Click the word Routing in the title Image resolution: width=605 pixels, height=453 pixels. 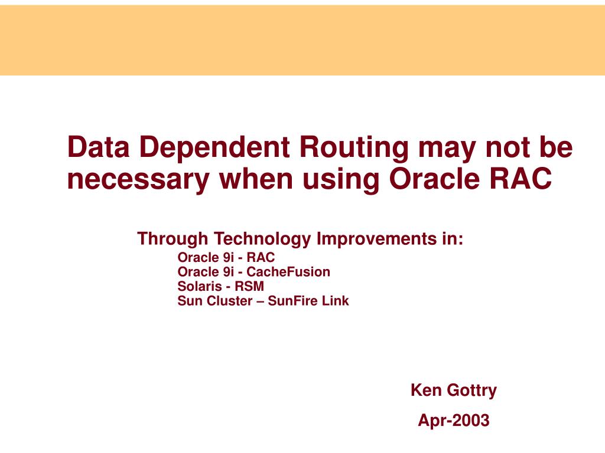pyautogui.click(x=354, y=148)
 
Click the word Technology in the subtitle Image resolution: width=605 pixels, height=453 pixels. pyautogui.click(x=262, y=239)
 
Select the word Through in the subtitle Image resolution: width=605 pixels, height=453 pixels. pyautogui.click(x=173, y=239)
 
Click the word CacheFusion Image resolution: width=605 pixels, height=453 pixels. pyautogui.click(x=288, y=271)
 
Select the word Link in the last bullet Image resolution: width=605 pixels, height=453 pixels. pyautogui.click(x=336, y=300)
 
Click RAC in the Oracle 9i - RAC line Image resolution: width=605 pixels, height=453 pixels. pyautogui.click(x=261, y=257)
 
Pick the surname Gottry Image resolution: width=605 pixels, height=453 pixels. pyautogui.click(x=471, y=390)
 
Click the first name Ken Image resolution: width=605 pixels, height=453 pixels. pyautogui.click(x=426, y=390)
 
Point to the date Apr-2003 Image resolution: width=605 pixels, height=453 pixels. pyautogui.click(x=454, y=421)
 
